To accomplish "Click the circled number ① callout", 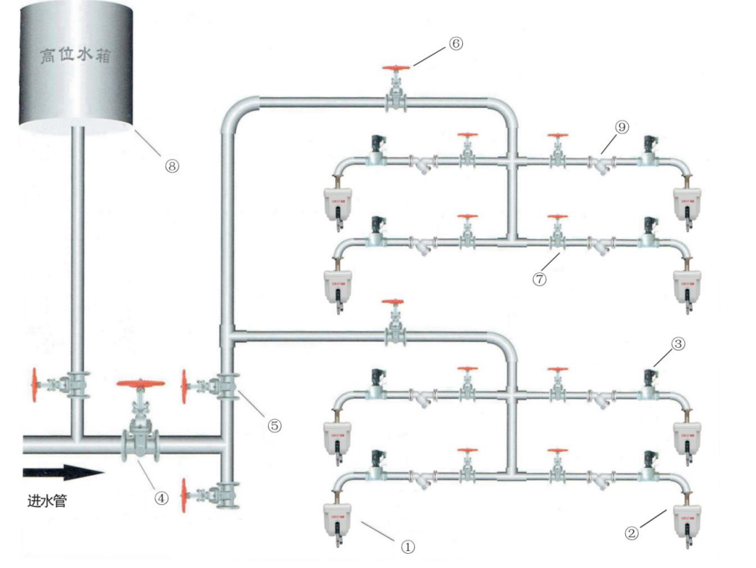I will coord(407,547).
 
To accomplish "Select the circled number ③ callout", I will coord(678,344).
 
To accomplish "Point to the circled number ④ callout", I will coord(163,498).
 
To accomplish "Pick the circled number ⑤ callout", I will coord(275,425).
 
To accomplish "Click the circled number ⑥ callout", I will coord(456,43).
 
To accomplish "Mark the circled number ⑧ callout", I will coord(171,165).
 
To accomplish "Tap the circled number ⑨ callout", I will coord(622,128).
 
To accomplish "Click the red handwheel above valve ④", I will coord(140,385).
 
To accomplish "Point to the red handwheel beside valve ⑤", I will coord(186,386).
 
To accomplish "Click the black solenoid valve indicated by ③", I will coord(649,377).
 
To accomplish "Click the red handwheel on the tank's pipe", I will coord(33,385).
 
